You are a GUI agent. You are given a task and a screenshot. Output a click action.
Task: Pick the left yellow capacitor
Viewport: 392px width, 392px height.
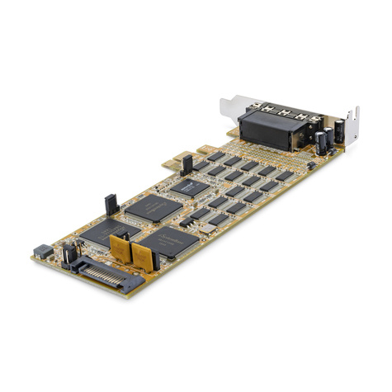120,247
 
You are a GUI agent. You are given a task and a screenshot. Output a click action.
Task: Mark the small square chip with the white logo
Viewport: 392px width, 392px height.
189,187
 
